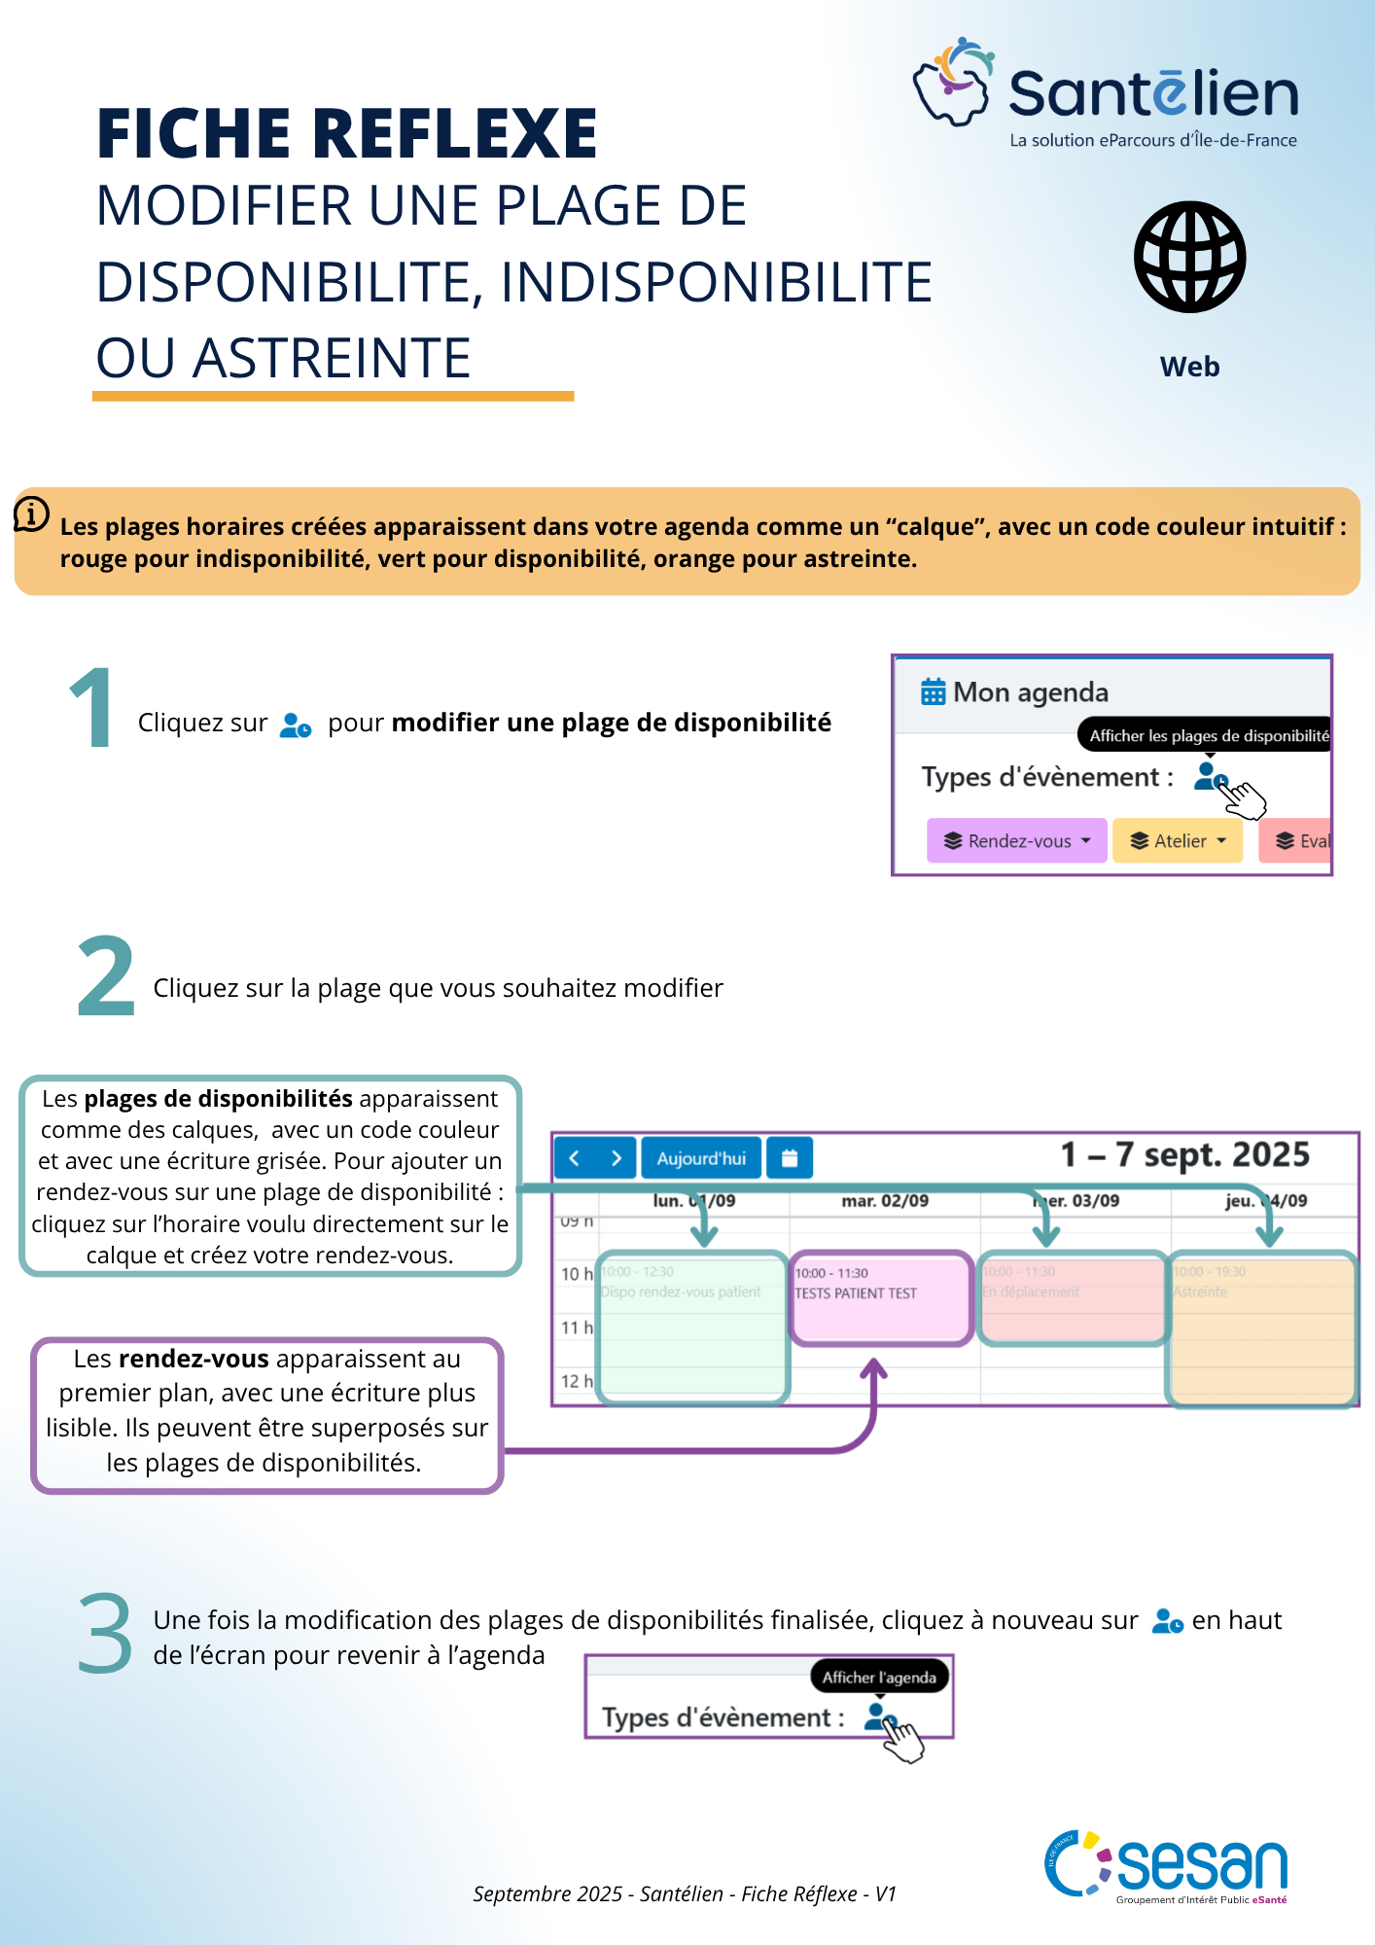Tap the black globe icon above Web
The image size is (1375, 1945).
point(1189,258)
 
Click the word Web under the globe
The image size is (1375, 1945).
point(1189,367)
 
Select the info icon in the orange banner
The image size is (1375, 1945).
point(31,513)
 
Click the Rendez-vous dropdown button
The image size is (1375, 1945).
point(1016,841)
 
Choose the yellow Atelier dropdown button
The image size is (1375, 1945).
point(1177,841)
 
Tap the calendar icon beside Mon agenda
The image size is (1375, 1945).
point(933,691)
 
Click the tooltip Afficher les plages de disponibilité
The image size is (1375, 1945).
point(1206,735)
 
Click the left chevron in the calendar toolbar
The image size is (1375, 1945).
point(574,1158)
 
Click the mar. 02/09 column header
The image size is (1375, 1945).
point(885,1201)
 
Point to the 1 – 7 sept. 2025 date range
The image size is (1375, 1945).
point(1184,1154)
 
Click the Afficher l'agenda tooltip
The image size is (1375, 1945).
point(879,1677)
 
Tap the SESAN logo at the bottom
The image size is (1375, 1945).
point(1167,1866)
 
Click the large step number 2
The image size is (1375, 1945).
point(105,976)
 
